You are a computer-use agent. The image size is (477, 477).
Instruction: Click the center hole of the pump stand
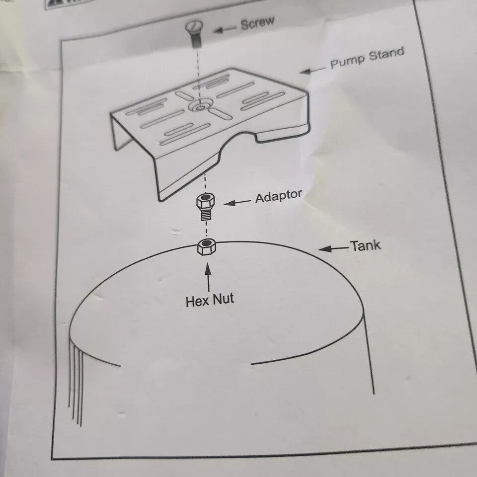[x=200, y=106]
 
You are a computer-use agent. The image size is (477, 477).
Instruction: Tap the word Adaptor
[x=278, y=196]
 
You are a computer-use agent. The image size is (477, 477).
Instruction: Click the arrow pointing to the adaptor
[x=237, y=202]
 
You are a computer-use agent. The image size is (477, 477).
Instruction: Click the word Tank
[x=365, y=245]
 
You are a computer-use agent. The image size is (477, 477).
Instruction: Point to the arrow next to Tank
[x=333, y=248]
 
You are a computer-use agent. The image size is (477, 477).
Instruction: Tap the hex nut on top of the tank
[x=205, y=246]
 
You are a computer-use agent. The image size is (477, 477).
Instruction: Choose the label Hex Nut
[x=209, y=300]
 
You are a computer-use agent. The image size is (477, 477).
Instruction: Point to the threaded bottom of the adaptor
[x=205, y=215]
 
